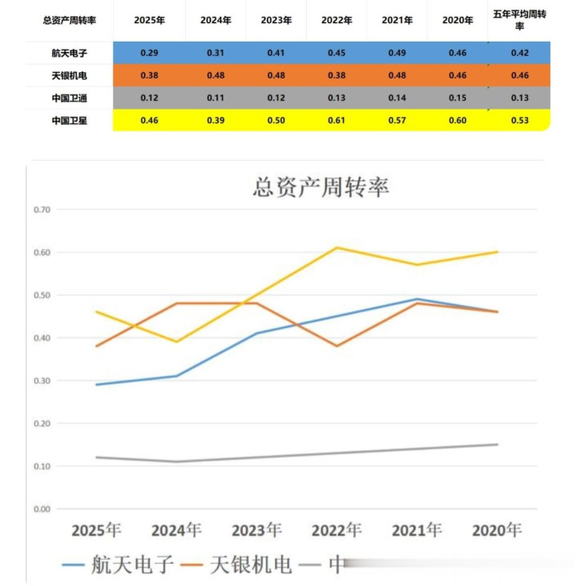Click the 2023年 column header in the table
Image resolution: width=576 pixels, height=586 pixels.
276,20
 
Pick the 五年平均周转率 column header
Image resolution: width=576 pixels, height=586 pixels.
519,20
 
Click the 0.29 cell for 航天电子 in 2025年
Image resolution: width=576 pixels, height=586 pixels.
149,53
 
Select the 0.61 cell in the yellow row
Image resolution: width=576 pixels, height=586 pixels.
336,121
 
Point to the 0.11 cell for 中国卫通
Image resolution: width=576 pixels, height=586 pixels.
215,98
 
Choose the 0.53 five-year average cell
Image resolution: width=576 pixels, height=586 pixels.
519,121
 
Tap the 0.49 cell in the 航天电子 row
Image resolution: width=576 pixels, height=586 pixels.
397,53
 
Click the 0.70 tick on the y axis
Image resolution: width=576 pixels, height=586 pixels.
42,210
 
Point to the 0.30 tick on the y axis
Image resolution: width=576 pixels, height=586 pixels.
42,381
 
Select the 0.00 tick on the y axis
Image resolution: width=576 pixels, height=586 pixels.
42,509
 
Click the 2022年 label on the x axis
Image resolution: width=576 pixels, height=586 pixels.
336,530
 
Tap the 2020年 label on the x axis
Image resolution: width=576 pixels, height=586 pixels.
497,530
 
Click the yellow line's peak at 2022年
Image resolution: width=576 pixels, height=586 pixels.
337,247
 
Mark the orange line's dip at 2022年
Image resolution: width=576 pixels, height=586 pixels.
337,346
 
